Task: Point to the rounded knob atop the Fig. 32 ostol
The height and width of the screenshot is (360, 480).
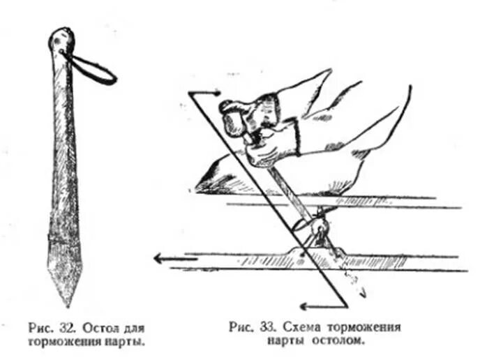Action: coord(62,38)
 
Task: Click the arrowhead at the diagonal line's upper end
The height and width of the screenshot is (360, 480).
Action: coord(215,93)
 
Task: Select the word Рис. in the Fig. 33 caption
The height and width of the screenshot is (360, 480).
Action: coord(241,327)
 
